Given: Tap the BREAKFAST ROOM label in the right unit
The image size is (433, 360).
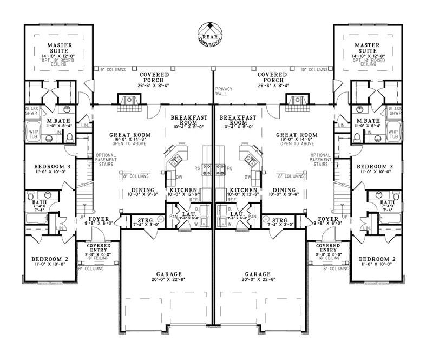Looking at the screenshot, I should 239,120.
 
